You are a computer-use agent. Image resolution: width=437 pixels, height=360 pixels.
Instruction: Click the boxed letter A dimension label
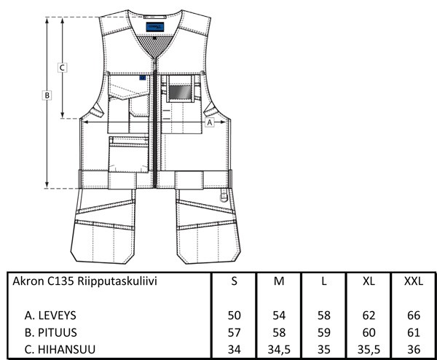point(210,122)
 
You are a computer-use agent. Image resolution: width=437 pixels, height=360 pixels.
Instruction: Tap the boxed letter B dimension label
point(47,95)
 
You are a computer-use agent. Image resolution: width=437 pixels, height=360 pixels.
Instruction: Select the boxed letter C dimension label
point(62,68)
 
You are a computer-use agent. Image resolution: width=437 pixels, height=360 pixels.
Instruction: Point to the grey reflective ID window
point(181,92)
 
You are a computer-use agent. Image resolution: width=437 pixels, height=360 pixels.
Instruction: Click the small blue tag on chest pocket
point(143,78)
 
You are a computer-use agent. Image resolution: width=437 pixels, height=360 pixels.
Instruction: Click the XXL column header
point(414,281)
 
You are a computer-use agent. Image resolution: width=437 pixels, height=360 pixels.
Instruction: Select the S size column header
point(234,281)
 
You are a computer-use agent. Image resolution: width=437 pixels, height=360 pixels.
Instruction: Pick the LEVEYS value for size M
point(279,316)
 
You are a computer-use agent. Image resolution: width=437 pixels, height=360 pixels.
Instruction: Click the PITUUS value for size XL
point(369,332)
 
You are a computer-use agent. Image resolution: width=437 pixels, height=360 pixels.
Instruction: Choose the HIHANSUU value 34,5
point(279,349)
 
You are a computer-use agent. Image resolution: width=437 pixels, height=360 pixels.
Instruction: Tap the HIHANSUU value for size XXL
point(414,349)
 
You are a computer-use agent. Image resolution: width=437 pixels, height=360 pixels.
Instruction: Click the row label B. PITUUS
point(50,332)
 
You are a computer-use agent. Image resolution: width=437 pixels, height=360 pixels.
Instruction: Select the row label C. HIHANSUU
point(60,349)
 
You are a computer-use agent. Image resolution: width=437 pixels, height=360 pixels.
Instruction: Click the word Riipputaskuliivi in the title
point(117,281)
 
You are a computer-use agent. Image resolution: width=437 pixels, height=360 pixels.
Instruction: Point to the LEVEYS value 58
point(324,316)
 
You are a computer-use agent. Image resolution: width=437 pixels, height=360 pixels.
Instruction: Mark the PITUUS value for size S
point(234,332)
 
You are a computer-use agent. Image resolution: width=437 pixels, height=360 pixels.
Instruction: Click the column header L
point(324,281)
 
